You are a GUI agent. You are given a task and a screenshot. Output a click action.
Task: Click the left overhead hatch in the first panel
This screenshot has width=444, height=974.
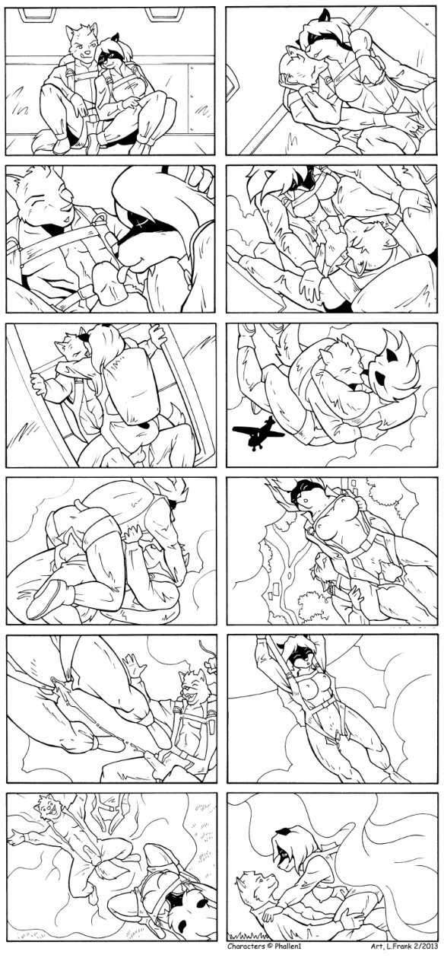click(x=34, y=14)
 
